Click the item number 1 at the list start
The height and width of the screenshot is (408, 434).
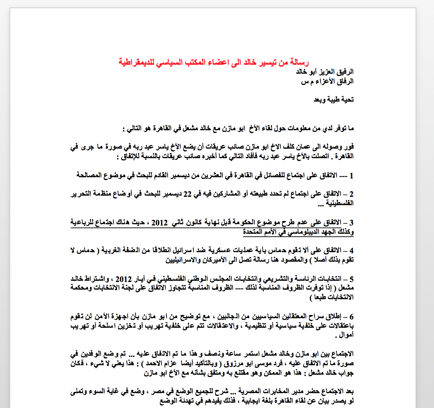point(351,176)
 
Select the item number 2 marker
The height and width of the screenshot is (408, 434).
point(351,194)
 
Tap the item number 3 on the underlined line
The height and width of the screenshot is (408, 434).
point(351,223)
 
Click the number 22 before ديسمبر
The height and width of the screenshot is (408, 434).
point(188,194)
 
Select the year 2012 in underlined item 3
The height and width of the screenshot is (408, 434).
point(159,223)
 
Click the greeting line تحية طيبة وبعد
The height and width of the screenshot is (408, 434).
point(334,99)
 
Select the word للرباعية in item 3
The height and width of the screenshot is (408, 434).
point(83,223)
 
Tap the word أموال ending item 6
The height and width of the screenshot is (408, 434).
point(346,335)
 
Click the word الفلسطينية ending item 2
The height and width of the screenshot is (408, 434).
point(340,203)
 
